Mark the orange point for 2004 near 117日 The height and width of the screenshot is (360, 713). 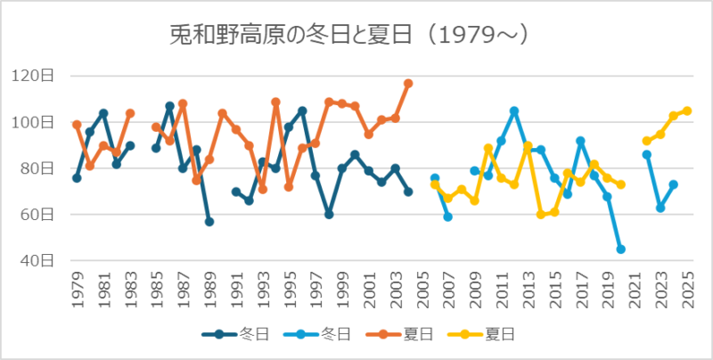408,83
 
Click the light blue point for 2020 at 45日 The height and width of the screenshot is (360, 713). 620,250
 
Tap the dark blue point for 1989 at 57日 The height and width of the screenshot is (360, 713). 209,222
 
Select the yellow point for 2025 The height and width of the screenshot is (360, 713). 687,110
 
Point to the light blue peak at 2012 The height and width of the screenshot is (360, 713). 514,110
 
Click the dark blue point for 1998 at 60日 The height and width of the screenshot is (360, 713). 329,215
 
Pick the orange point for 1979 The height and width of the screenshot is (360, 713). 77,125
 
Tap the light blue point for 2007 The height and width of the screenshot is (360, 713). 448,217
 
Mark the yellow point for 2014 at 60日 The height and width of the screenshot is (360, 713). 541,215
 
